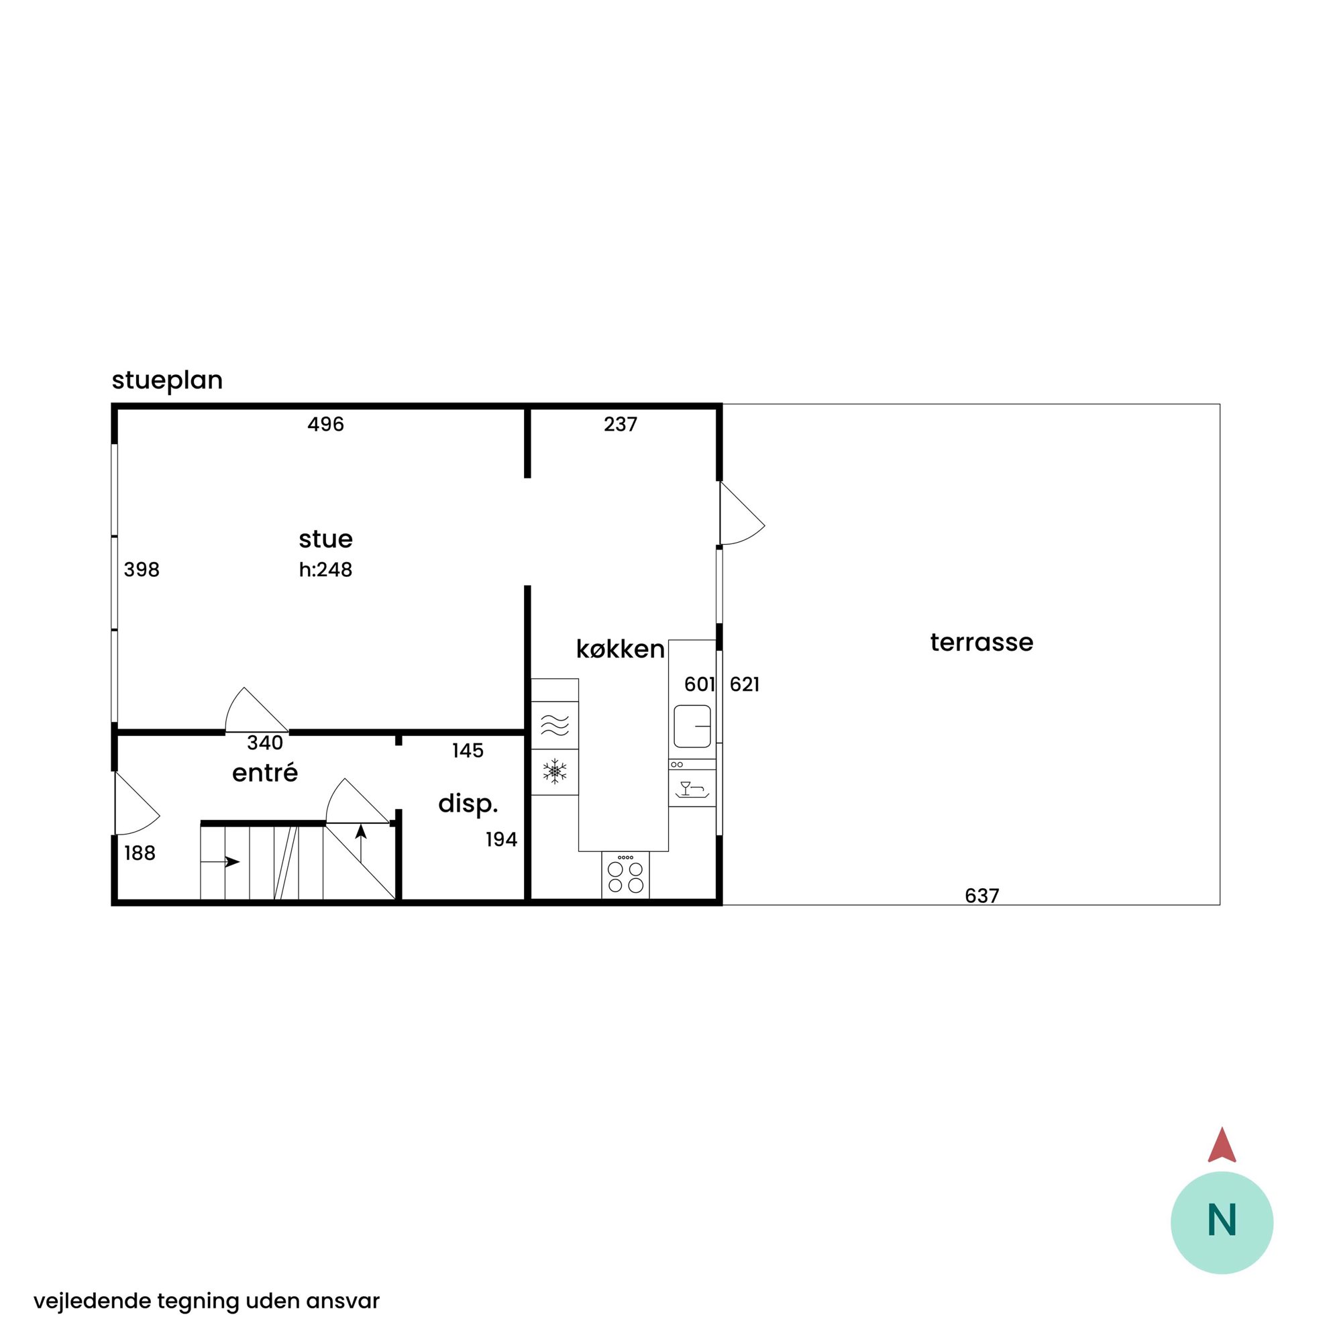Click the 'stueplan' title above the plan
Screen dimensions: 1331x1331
(x=168, y=381)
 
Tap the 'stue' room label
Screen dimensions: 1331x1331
(x=326, y=539)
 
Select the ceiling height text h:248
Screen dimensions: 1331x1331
(x=326, y=570)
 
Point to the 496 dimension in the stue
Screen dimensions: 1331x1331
(x=326, y=425)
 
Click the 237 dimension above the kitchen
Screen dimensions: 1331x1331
(x=621, y=425)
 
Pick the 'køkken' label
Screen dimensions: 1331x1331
(x=621, y=649)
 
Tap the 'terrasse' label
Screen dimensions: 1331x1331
(x=981, y=642)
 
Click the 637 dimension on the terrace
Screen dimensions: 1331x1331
(x=981, y=896)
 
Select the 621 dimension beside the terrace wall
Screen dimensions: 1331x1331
(x=745, y=684)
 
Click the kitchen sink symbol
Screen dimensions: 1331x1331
(x=692, y=726)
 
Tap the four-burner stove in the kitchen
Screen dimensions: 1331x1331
(x=625, y=875)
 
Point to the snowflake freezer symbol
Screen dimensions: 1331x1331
(x=555, y=771)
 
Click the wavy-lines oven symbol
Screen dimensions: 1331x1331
(x=555, y=725)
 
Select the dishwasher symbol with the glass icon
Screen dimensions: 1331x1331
(x=692, y=788)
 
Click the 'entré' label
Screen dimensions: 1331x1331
(x=265, y=773)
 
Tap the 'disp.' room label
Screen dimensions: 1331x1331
(x=468, y=804)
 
